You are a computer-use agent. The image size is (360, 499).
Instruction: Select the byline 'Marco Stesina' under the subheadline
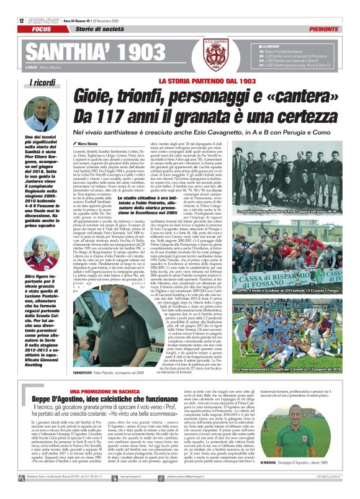pyautogui.click(x=89, y=143)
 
